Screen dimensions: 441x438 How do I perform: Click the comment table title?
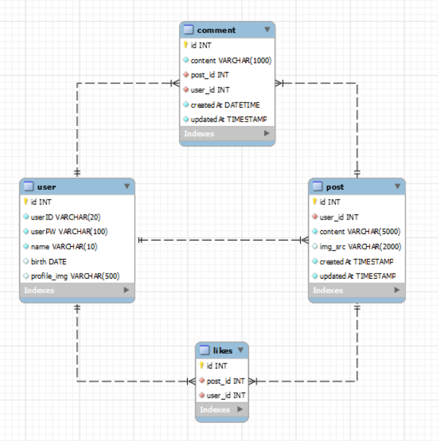pos(216,30)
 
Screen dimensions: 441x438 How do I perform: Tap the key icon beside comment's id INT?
pos(186,45)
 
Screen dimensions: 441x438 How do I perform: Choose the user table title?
pos(46,186)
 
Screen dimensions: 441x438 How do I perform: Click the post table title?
pos(335,186)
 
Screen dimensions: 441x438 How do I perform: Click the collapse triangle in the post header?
pos(397,186)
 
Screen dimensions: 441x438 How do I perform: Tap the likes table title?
pos(222,351)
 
